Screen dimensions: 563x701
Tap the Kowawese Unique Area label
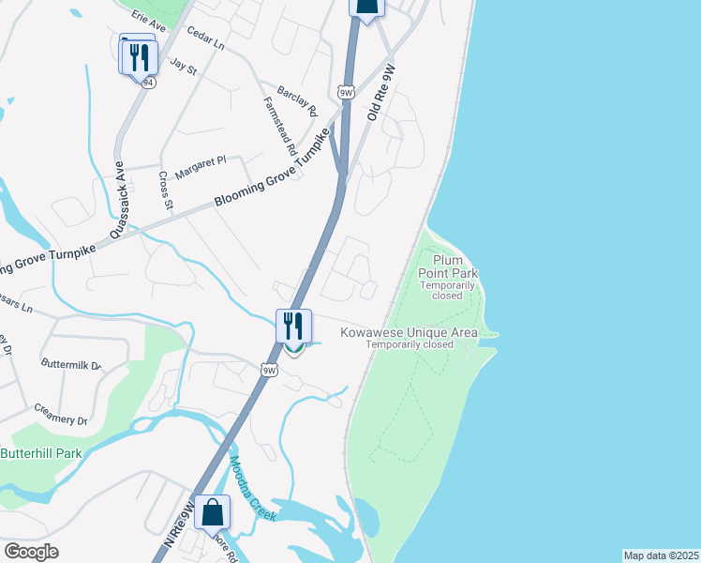coord(409,332)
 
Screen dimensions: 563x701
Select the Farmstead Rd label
coord(280,125)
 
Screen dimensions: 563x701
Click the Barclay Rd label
coord(298,100)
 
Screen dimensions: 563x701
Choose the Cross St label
coord(166,190)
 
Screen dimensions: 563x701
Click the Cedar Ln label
coord(206,38)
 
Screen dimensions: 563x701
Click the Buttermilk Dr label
coord(70,363)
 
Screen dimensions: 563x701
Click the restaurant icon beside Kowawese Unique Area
coord(293,327)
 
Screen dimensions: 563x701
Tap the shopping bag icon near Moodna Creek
coord(213,512)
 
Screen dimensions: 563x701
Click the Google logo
coord(31,552)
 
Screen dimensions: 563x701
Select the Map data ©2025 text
coord(661,555)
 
